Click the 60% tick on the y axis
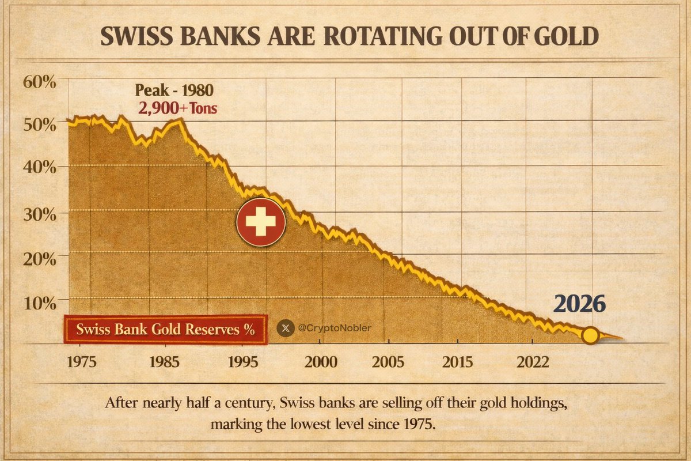(x=40, y=81)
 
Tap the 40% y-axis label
(x=40, y=168)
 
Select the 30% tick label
(x=40, y=213)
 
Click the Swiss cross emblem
(x=260, y=222)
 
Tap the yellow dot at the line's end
(x=590, y=335)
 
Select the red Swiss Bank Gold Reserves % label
(x=165, y=330)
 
